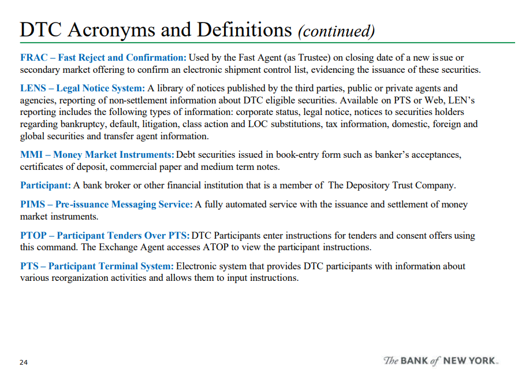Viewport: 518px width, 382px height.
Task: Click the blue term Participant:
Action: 46,186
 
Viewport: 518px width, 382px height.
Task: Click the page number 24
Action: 24,362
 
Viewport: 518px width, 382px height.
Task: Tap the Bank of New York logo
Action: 441,361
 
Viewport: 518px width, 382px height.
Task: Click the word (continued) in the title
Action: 336,31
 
